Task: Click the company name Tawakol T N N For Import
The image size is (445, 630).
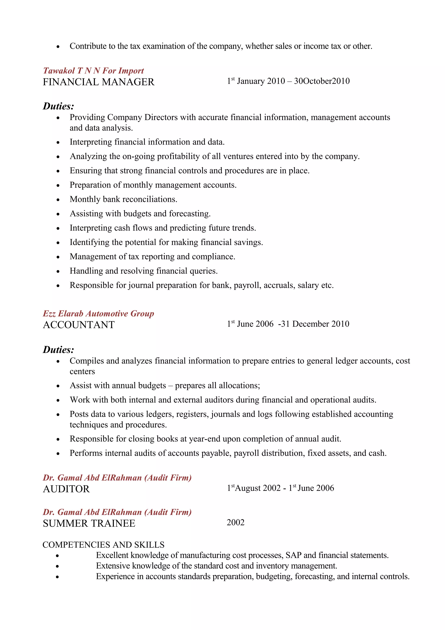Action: point(93,71)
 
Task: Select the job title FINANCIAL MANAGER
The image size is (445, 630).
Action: point(98,82)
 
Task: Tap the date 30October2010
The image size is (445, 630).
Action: point(322,81)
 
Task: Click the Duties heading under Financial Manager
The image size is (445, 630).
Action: point(58,106)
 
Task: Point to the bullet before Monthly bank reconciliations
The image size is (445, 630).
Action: point(58,200)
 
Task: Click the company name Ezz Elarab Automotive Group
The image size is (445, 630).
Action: point(98,314)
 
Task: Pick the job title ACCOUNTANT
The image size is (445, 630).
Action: point(79,325)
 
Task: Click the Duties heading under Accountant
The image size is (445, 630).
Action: point(58,350)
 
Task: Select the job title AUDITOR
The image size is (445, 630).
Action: point(66,489)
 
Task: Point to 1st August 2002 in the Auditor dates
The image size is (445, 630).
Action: point(254,488)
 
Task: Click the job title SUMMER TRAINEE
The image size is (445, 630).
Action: point(89,523)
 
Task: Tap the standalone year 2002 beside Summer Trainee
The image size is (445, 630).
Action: point(235,522)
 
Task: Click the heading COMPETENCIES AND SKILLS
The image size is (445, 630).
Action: point(103,545)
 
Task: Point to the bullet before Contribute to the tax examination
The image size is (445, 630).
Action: point(58,47)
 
